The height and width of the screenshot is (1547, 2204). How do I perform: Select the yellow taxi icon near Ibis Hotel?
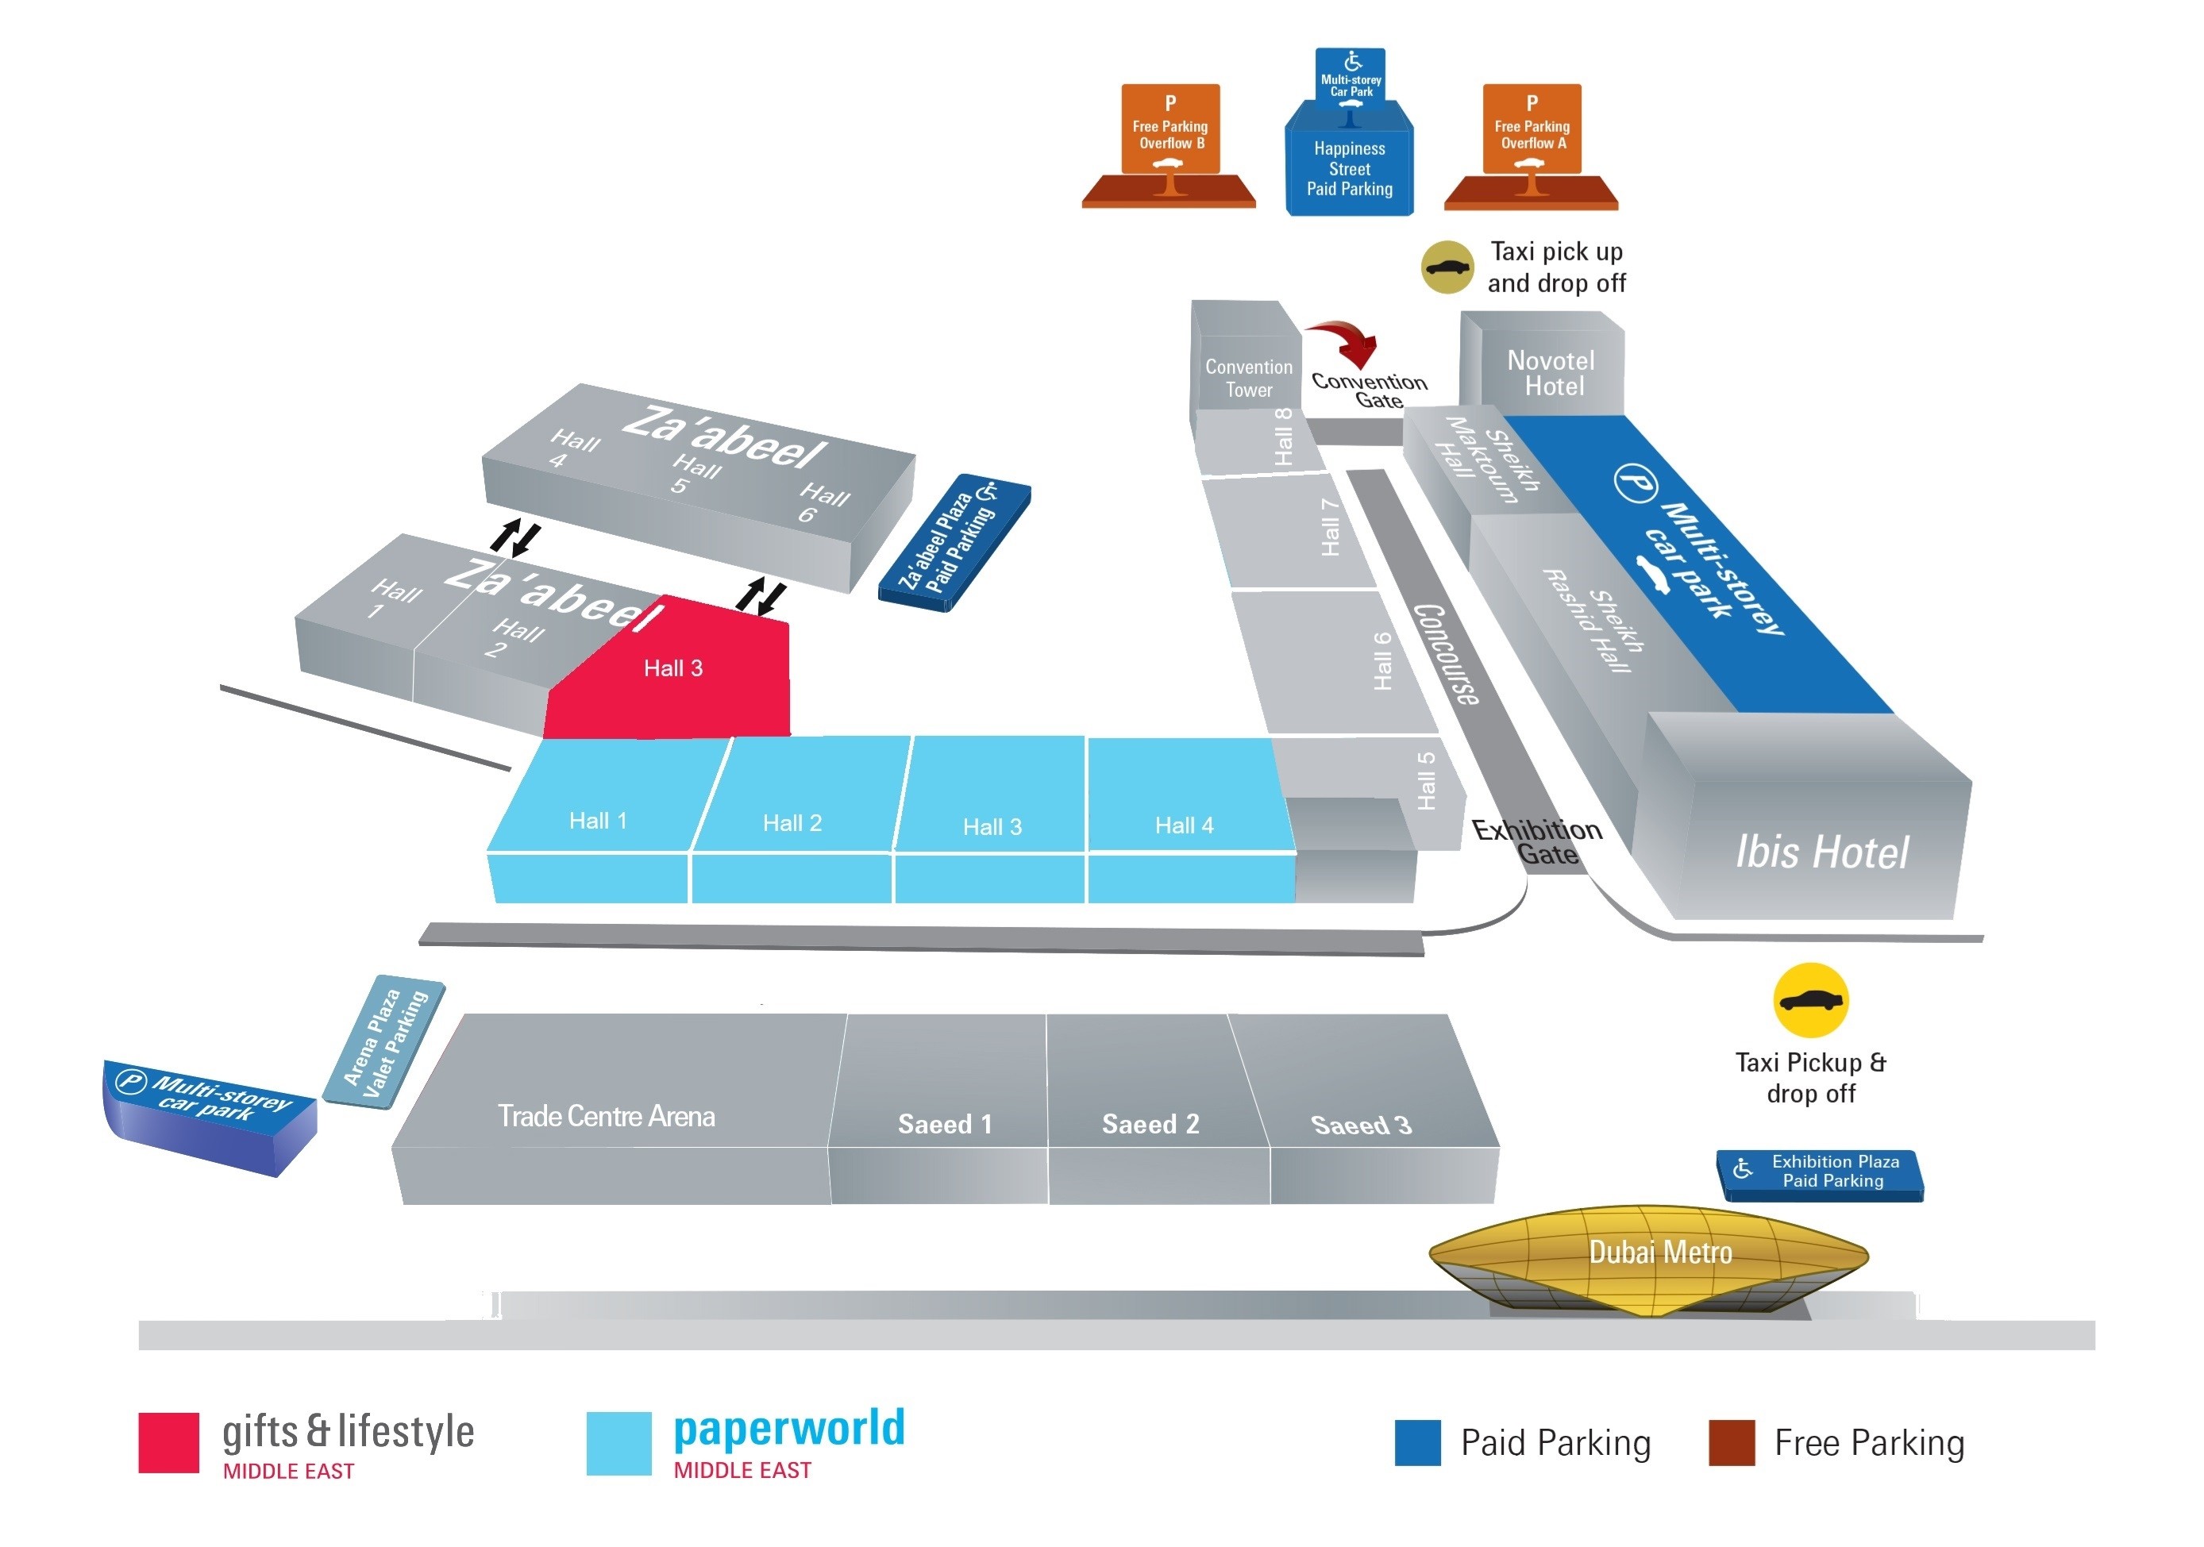(x=1809, y=1000)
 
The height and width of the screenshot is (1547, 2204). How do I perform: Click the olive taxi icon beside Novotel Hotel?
(x=1447, y=267)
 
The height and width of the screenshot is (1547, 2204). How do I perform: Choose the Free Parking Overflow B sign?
(x=1170, y=129)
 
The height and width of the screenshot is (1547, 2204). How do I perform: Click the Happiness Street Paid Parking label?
(x=1349, y=169)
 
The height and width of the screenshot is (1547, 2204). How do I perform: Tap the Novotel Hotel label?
(x=1551, y=373)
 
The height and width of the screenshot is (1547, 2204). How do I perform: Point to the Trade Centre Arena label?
(x=606, y=1116)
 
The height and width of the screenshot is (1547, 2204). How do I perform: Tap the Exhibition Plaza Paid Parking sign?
(x=1822, y=1172)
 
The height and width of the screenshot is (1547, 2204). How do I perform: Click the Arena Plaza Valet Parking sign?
(x=385, y=1042)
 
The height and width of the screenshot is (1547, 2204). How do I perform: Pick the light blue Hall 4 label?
(x=1184, y=825)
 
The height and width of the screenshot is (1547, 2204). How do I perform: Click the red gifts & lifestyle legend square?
(x=168, y=1441)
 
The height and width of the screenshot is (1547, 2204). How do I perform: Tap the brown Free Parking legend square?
(x=1731, y=1442)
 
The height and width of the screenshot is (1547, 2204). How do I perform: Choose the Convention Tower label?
(x=1248, y=378)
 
